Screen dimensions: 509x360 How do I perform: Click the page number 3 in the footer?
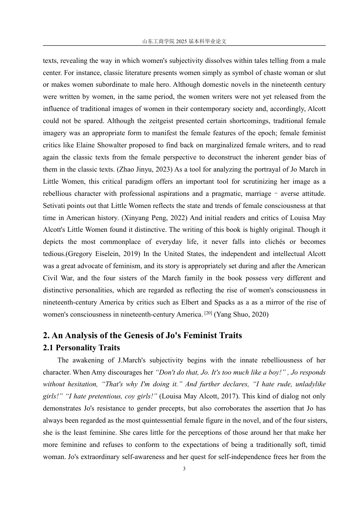[184, 469]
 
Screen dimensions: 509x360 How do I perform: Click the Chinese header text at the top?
[184, 42]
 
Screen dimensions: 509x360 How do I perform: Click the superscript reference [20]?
[208, 313]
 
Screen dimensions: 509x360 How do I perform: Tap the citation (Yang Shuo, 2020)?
[241, 315]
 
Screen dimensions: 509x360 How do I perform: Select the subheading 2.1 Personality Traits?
[81, 348]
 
